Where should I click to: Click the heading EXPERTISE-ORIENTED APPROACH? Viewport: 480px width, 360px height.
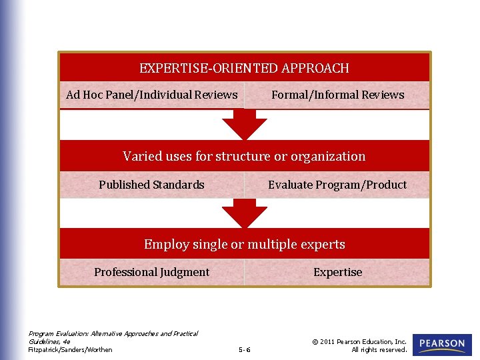click(x=244, y=68)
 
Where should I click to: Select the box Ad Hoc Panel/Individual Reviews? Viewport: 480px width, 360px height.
click(x=152, y=95)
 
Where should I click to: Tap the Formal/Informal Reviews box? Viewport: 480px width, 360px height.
click(x=337, y=95)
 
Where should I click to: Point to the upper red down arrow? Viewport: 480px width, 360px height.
click(x=244, y=125)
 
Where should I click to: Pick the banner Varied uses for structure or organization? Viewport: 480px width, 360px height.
click(x=244, y=156)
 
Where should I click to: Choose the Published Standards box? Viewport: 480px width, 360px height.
click(x=152, y=185)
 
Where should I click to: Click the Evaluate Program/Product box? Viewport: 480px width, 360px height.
click(x=337, y=185)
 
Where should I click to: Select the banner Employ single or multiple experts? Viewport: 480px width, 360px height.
click(x=244, y=244)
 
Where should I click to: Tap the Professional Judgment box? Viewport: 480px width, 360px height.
click(x=152, y=272)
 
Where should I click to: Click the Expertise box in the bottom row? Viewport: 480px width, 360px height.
click(x=337, y=272)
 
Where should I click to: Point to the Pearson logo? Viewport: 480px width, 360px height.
click(x=442, y=345)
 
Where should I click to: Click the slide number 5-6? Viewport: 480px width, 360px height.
click(x=244, y=349)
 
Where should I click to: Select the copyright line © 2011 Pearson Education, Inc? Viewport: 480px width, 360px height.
click(x=359, y=341)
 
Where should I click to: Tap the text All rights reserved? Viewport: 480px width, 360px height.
click(x=379, y=349)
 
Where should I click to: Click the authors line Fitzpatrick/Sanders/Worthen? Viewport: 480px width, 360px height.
click(x=70, y=349)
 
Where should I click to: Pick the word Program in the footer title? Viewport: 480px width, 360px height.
click(x=40, y=333)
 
